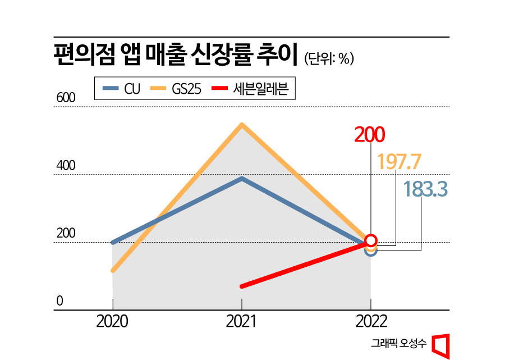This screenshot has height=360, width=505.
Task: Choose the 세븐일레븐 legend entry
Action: pyautogui.click(x=250, y=89)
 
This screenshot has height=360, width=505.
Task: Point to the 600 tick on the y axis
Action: pyautogui.click(x=65, y=98)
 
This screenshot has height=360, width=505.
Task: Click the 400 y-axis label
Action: pyautogui.click(x=65, y=166)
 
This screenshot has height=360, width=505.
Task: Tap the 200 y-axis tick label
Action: pyautogui.click(x=65, y=234)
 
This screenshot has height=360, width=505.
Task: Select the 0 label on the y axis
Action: pyautogui.click(x=58, y=301)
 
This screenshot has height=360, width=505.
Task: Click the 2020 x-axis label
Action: pyautogui.click(x=112, y=322)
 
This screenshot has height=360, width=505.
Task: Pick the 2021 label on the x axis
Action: pyautogui.click(x=241, y=322)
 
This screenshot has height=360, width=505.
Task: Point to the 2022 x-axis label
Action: pyautogui.click(x=371, y=322)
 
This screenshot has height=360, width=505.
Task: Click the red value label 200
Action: pyautogui.click(x=370, y=135)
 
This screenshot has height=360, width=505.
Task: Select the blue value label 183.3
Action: pyautogui.click(x=425, y=190)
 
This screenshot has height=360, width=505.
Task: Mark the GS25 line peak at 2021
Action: pyautogui.click(x=241, y=125)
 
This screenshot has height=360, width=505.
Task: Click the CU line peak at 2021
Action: pyautogui.click(x=241, y=179)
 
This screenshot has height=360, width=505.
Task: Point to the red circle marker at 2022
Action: pyautogui.click(x=371, y=241)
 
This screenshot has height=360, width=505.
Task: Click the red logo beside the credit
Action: pyautogui.click(x=441, y=344)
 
